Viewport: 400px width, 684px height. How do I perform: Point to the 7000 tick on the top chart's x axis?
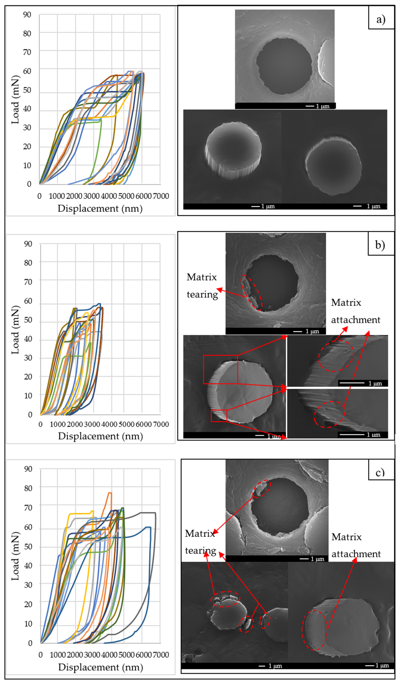click(x=161, y=196)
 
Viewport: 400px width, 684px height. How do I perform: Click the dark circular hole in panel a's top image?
click(x=284, y=66)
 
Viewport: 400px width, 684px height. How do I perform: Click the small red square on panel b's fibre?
click(x=219, y=416)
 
